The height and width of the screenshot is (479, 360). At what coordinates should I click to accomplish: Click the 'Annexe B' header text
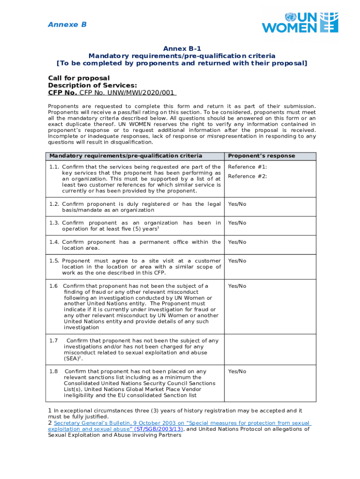(x=67, y=25)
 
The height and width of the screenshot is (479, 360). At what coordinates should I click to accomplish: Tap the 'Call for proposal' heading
(x=79, y=78)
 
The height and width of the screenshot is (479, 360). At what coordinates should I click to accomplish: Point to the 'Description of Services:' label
(x=93, y=85)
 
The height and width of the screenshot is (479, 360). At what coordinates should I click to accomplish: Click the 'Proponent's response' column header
(x=261, y=156)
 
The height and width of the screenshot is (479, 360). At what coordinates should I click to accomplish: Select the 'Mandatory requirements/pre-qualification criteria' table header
(x=126, y=156)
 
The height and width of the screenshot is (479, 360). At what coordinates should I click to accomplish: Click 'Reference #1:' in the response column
(x=247, y=167)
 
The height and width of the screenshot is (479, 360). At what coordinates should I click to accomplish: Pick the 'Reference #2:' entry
(x=247, y=176)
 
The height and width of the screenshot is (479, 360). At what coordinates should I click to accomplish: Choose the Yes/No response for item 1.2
(x=237, y=204)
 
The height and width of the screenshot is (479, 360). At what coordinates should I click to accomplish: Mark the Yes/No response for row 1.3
(x=237, y=223)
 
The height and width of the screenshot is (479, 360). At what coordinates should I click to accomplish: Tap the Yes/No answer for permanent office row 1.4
(x=237, y=242)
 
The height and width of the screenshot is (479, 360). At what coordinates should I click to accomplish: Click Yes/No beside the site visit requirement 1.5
(x=237, y=261)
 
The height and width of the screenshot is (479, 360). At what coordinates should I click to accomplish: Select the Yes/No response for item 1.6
(x=237, y=286)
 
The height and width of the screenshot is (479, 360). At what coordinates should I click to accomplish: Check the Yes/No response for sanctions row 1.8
(x=237, y=371)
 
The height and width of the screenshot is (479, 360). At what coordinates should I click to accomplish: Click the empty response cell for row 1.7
(x=270, y=350)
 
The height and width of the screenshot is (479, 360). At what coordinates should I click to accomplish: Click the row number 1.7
(x=53, y=341)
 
